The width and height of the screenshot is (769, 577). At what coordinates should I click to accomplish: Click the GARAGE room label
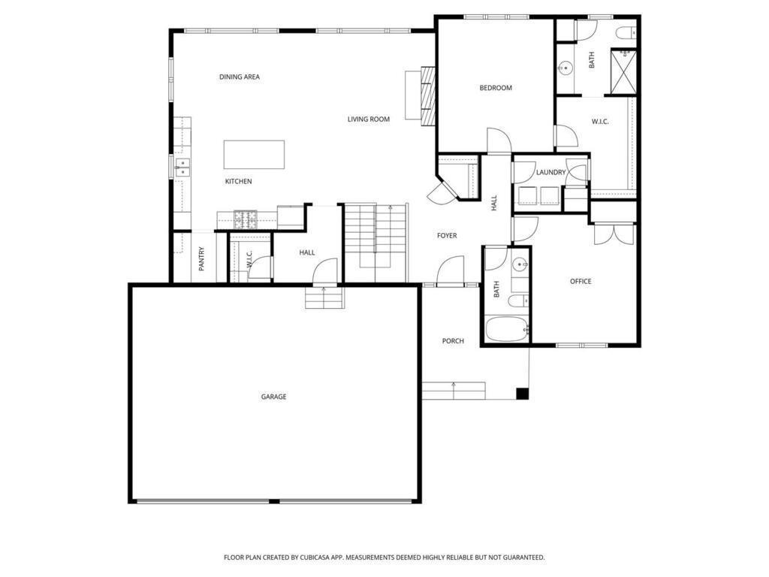click(273, 397)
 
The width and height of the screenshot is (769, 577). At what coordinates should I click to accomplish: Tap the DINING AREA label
click(240, 77)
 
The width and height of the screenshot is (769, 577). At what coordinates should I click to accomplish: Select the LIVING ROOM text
click(369, 119)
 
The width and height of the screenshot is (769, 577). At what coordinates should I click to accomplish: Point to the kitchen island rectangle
click(254, 155)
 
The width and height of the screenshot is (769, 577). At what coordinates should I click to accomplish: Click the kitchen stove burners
click(246, 219)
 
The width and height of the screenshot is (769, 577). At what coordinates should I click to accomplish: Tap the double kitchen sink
click(182, 167)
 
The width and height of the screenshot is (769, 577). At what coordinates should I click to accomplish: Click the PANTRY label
click(201, 258)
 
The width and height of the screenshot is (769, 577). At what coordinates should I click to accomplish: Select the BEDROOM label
click(496, 88)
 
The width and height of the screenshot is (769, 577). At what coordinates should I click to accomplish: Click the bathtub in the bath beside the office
click(507, 329)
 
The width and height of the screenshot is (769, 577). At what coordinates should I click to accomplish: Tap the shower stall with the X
click(623, 71)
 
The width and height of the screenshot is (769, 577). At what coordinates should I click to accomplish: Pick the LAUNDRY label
click(550, 172)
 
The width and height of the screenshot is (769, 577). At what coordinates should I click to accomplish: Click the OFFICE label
click(581, 281)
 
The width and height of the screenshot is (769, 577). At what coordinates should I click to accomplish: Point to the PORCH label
click(453, 340)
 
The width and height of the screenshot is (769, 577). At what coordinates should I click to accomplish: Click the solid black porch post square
click(523, 394)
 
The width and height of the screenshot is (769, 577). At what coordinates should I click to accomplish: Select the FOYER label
click(447, 235)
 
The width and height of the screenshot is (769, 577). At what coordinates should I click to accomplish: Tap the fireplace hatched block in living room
click(428, 96)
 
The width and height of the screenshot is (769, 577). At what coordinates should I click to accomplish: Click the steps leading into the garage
click(324, 298)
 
